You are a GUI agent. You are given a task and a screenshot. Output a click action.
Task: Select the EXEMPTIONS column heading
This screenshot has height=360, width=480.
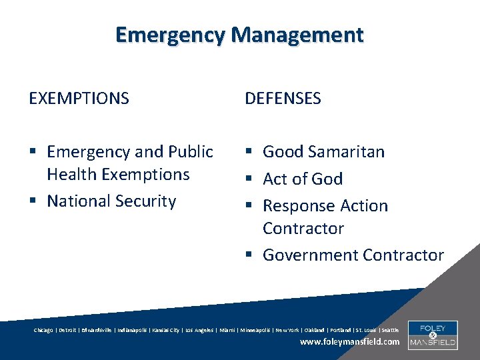[x=79, y=99]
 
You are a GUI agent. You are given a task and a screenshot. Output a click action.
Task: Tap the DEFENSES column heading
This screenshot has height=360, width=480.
[x=283, y=99]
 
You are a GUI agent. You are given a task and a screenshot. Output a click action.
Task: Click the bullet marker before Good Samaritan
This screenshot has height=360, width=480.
[x=249, y=152]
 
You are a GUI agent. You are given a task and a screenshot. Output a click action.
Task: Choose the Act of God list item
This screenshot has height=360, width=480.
[x=303, y=179]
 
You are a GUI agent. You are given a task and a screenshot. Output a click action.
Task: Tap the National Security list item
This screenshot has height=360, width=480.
[x=111, y=201]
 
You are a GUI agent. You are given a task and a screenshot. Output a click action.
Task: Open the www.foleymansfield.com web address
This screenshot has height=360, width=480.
[x=350, y=342]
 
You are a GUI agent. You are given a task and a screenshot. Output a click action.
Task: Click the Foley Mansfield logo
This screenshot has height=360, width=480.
[x=432, y=335]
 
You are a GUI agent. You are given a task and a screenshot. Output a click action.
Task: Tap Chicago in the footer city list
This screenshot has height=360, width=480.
[x=44, y=330]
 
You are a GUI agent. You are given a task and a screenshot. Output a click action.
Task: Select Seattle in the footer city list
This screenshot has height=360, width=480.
[x=390, y=330]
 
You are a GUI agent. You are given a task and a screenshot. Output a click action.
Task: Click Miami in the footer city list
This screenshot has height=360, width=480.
[x=227, y=330]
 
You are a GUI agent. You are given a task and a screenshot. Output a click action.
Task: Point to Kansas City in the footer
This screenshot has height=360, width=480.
[x=165, y=330]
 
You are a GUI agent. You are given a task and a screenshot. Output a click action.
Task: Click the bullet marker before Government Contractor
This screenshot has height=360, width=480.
[x=249, y=255]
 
